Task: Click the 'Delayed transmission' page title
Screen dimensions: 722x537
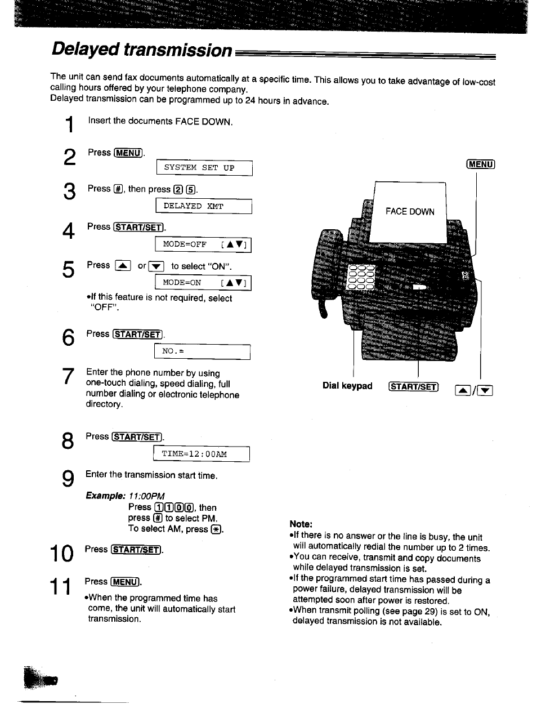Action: coord(141,50)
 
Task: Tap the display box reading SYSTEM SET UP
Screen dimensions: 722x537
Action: coord(204,168)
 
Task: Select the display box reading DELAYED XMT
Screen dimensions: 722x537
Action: coord(203,206)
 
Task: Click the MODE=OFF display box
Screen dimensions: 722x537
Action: coord(203,244)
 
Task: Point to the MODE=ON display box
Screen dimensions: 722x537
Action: coord(203,283)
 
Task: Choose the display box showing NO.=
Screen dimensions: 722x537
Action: coord(202,351)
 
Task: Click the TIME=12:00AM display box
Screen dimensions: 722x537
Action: coord(201,454)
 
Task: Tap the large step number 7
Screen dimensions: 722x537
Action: coord(68,376)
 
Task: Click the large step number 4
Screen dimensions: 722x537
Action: coord(68,231)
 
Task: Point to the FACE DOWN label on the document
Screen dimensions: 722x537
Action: coord(410,212)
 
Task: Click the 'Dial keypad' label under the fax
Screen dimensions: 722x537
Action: coord(347,386)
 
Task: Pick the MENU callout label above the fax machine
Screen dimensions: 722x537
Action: coord(480,164)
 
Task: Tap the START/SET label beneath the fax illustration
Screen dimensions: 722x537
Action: coord(413,387)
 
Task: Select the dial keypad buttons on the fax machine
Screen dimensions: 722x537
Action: coord(361,277)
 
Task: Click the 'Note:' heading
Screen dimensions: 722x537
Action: coord(301,524)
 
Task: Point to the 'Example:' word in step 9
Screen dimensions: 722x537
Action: coord(105,496)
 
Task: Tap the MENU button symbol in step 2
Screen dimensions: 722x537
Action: coord(128,153)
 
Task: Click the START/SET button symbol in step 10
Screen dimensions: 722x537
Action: coord(137,550)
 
